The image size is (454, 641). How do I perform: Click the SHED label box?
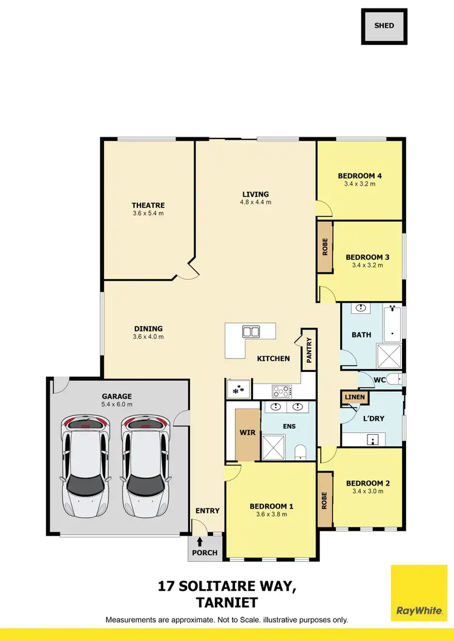coord(384,26)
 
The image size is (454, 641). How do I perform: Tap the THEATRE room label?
coord(148,205)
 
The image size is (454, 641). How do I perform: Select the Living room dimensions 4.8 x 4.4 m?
coord(255,202)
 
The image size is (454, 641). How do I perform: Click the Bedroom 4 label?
coord(360,176)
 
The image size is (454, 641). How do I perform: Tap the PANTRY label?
coord(309,350)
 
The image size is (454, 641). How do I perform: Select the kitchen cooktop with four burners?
coord(283,391)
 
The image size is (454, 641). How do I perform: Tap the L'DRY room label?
coord(373,418)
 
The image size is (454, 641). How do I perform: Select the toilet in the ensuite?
coord(300,452)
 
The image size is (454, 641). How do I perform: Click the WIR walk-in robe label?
coord(246,434)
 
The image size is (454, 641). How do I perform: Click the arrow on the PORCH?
coord(200,542)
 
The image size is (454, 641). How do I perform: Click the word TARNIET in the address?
coord(228,602)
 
